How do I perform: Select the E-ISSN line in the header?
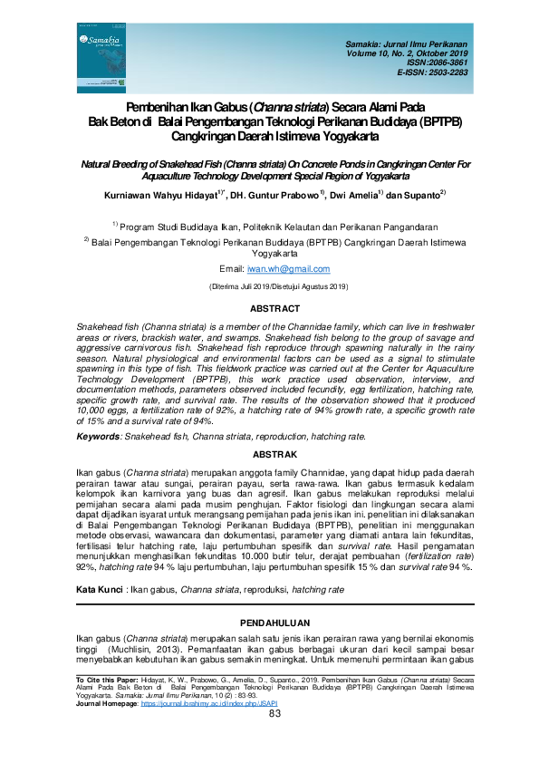[x=433, y=72]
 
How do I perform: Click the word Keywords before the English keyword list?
[x=97, y=436]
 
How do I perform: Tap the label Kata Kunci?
[x=99, y=589]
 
